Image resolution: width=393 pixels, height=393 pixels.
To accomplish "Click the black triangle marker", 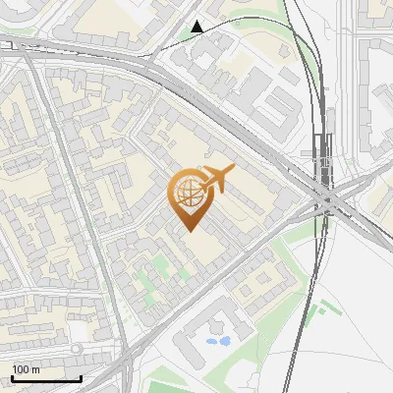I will point(198,27).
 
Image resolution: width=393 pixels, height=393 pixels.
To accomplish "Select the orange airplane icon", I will point(214,179).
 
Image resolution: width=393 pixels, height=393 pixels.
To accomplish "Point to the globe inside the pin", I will point(187,192).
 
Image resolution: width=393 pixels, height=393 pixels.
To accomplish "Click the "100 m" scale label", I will point(27,369).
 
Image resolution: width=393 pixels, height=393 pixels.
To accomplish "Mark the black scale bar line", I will point(46,378).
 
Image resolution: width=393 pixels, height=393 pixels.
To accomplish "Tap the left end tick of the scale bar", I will point(12,377).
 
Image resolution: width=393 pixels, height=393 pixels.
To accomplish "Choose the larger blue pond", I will point(223,341).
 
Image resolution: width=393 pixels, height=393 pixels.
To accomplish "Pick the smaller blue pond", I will point(210,343).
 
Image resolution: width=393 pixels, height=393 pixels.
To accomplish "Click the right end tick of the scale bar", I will point(81,377).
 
